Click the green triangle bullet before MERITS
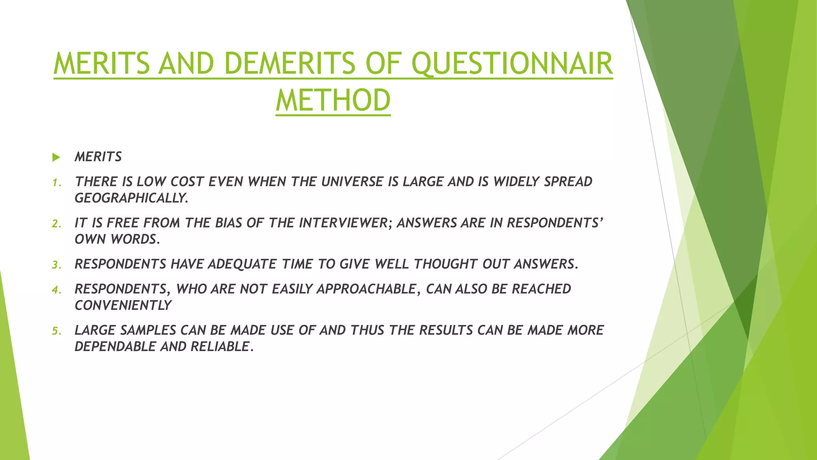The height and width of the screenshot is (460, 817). click(56, 157)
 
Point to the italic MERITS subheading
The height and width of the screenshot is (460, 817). click(98, 157)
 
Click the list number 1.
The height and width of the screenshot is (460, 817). click(56, 183)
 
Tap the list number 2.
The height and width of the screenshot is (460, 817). click(56, 224)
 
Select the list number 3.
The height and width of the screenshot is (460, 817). click(56, 265)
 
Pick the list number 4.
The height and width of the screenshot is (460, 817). click(56, 290)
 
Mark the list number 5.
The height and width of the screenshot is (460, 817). click(56, 331)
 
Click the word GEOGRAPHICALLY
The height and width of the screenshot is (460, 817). click(131, 198)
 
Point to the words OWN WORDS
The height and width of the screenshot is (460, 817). click(117, 239)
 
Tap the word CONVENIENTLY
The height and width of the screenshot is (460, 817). click(123, 305)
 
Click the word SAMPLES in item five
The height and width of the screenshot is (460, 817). click(148, 330)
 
